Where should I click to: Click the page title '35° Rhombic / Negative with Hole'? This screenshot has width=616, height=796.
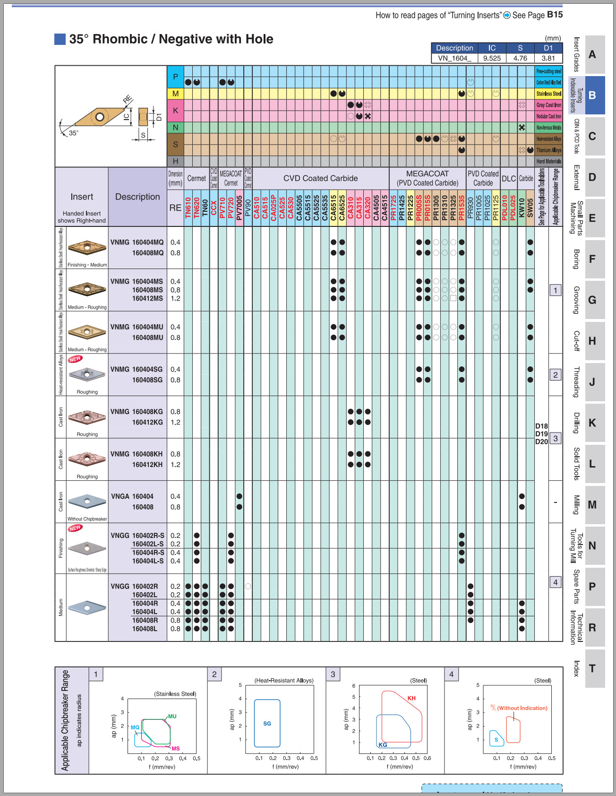[171, 39]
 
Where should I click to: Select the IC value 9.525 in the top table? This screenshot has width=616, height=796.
[492, 58]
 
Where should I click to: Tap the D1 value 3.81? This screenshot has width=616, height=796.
[548, 58]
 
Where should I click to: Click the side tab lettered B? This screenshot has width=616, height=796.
[592, 95]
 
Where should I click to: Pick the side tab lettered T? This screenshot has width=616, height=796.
[592, 668]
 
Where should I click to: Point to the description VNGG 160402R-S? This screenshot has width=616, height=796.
[137, 536]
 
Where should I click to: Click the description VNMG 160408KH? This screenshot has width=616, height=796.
[137, 454]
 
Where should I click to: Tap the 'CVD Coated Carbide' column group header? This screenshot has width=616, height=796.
[320, 178]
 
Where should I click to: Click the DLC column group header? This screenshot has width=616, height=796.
[509, 179]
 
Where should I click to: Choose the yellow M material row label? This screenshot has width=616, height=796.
[175, 94]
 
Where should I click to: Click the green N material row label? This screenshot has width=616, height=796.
[175, 128]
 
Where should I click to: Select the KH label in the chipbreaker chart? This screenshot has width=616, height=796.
[411, 698]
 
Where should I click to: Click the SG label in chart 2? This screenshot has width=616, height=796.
[267, 724]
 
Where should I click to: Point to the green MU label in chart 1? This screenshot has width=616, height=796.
[172, 717]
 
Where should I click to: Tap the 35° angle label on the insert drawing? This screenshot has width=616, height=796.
[74, 133]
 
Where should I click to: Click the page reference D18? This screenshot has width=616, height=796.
[541, 426]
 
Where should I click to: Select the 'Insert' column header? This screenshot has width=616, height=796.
[82, 197]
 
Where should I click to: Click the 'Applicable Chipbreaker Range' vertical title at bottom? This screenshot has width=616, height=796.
[65, 720]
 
